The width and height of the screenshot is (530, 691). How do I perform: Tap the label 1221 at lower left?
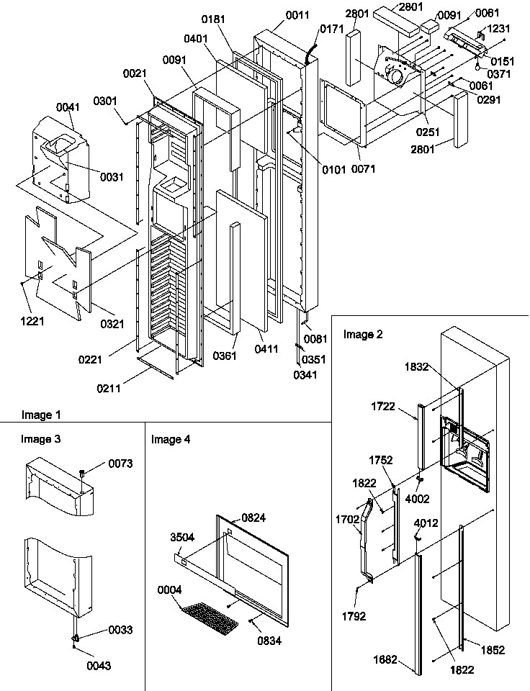[x=32, y=321]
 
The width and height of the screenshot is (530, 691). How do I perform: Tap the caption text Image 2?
[x=363, y=334]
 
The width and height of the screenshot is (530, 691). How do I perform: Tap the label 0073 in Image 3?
[x=121, y=464]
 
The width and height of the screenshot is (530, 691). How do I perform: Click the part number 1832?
[x=416, y=366]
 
